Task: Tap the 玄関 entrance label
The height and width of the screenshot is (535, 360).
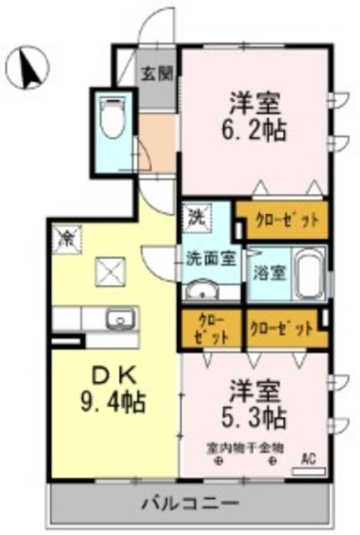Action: coord(156,73)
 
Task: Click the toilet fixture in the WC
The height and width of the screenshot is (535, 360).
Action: coord(111,119)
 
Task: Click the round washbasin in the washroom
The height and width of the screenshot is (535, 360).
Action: coord(200,292)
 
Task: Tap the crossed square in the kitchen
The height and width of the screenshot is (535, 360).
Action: coord(109,268)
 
